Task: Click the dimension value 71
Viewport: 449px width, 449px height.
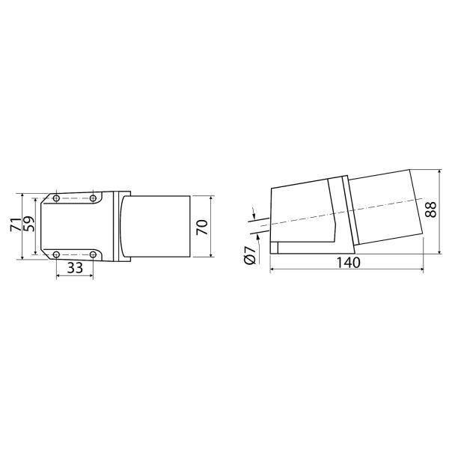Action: pyautogui.click(x=16, y=224)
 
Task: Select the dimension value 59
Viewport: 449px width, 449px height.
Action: pyautogui.click(x=28, y=224)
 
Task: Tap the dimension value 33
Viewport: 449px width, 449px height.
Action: pyautogui.click(x=75, y=268)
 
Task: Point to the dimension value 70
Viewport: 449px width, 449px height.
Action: pyautogui.click(x=203, y=227)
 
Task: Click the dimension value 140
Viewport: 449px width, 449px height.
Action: pyautogui.click(x=348, y=263)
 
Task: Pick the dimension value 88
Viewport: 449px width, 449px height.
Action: pyautogui.click(x=430, y=210)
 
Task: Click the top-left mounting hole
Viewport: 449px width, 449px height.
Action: pyautogui.click(x=56, y=198)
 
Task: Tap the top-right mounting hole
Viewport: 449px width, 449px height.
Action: pyautogui.click(x=93, y=198)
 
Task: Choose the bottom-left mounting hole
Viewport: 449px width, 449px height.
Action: pyautogui.click(x=56, y=254)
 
